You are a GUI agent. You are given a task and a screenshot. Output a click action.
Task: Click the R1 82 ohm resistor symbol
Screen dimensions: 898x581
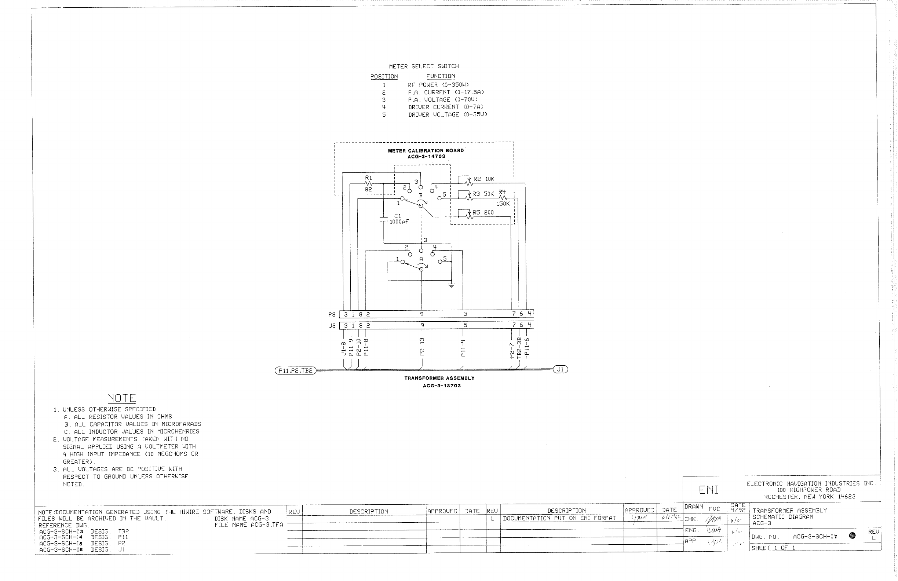click(369, 184)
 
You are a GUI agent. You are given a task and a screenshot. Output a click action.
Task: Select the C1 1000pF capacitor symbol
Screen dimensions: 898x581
click(383, 219)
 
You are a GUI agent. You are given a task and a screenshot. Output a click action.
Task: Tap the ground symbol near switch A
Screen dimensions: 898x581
click(451, 285)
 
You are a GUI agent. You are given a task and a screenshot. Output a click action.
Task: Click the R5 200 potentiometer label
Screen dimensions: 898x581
click(483, 213)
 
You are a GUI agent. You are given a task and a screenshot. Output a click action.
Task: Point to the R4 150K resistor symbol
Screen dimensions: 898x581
click(503, 198)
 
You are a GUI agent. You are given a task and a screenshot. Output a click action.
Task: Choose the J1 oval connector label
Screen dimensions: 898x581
click(560, 370)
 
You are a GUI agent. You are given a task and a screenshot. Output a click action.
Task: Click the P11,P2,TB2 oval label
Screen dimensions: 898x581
click(295, 370)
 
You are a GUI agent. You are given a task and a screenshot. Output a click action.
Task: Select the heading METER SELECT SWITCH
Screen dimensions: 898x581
click(424, 66)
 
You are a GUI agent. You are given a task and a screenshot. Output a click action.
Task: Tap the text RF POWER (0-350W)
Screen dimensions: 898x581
click(438, 85)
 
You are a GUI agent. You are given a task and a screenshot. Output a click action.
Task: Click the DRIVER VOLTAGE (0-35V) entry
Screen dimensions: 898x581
click(448, 114)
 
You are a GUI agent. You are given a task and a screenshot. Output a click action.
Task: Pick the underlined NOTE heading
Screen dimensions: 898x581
click(121, 398)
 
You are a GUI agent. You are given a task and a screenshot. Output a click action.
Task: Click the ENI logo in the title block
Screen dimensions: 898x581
click(709, 490)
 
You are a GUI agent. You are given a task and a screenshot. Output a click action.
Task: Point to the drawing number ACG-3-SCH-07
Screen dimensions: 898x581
click(815, 537)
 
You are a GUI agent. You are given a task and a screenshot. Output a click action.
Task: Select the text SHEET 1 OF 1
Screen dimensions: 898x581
click(773, 548)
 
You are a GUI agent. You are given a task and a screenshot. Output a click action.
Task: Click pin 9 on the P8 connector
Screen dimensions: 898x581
click(422, 314)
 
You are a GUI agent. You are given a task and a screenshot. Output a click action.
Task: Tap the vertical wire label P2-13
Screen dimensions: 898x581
click(422, 346)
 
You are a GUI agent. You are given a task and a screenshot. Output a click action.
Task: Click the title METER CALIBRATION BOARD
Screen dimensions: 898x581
click(426, 150)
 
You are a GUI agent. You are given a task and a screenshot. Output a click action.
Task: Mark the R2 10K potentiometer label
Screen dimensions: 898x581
click(484, 179)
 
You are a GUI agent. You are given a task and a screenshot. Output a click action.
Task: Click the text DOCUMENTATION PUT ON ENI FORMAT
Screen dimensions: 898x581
click(559, 518)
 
